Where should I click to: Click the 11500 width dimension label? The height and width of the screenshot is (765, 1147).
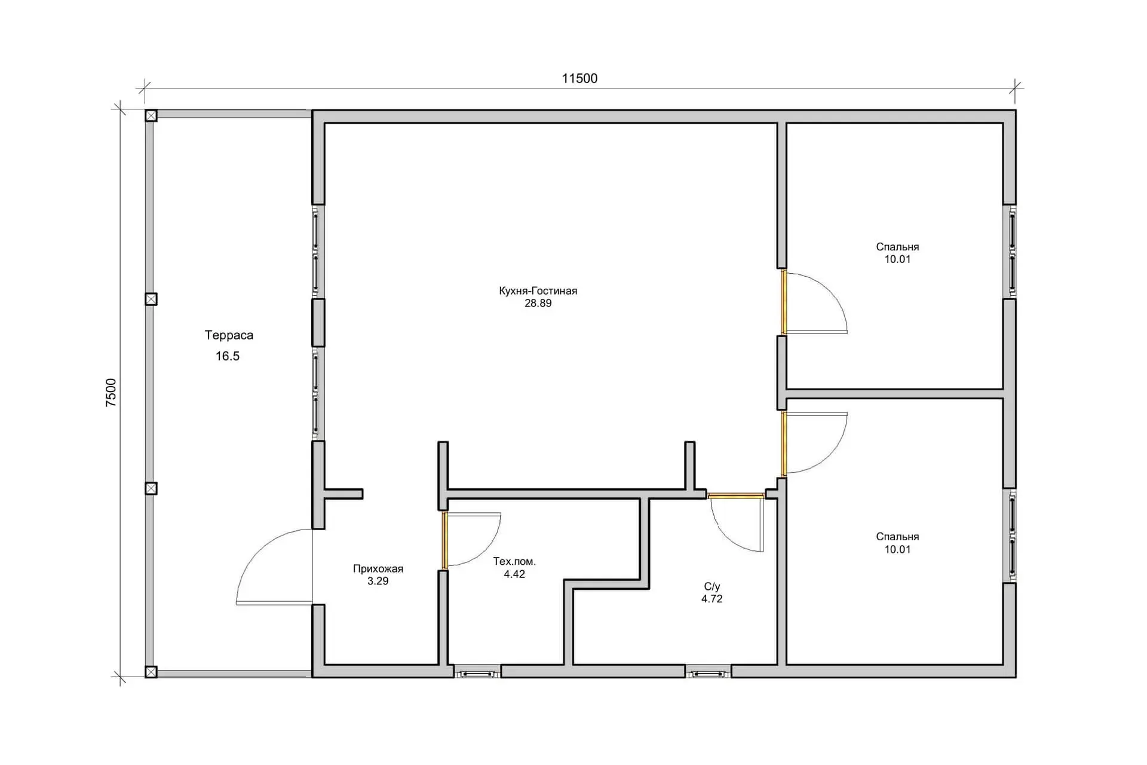pyautogui.click(x=579, y=78)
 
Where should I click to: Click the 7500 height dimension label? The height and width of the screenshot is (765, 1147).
pyautogui.click(x=112, y=393)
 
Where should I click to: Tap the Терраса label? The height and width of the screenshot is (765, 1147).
pyautogui.click(x=229, y=335)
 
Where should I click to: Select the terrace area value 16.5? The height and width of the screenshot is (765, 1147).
pyautogui.click(x=228, y=356)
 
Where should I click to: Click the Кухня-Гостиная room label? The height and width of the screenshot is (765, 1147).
pyautogui.click(x=538, y=291)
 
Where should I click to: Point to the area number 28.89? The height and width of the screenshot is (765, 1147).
pyautogui.click(x=538, y=304)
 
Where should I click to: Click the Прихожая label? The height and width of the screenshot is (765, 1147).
pyautogui.click(x=378, y=569)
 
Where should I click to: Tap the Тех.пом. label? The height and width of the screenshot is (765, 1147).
pyautogui.click(x=514, y=562)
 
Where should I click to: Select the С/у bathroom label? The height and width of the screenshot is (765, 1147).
pyautogui.click(x=712, y=586)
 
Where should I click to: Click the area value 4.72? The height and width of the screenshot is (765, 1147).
pyautogui.click(x=712, y=599)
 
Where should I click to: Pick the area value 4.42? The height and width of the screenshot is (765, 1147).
pyautogui.click(x=514, y=574)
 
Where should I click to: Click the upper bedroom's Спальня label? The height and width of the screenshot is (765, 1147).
pyautogui.click(x=898, y=247)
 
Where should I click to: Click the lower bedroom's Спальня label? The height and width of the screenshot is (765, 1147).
pyautogui.click(x=898, y=537)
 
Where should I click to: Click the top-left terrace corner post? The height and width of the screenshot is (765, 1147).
pyautogui.click(x=151, y=115)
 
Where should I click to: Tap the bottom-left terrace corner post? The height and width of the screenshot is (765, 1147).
pyautogui.click(x=151, y=672)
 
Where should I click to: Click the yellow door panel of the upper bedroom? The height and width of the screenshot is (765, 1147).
pyautogui.click(x=783, y=302)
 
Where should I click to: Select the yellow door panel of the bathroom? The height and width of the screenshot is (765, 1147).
pyautogui.click(x=736, y=495)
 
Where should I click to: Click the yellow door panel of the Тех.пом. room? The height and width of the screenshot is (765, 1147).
pyautogui.click(x=444, y=541)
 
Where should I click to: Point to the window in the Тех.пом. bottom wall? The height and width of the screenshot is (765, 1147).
pyautogui.click(x=477, y=674)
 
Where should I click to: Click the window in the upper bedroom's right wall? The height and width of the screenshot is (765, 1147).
pyautogui.click(x=1011, y=252)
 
